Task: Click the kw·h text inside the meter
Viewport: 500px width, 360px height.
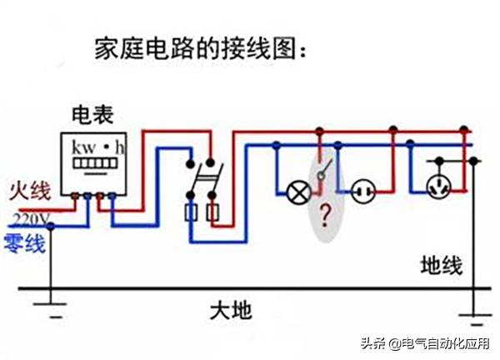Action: click(98, 147)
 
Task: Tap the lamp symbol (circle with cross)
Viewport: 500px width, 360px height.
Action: click(297, 193)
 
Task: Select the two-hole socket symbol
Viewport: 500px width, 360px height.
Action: click(362, 193)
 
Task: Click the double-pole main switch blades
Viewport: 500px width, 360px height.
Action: click(202, 177)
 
